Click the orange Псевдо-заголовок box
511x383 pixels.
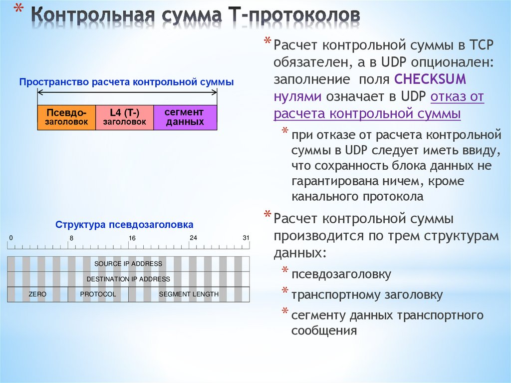[66, 117]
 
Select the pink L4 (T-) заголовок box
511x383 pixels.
[124, 117]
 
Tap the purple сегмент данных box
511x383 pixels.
[185, 117]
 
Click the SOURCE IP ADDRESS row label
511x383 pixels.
[128, 264]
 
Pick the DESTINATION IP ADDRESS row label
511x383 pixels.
[128, 279]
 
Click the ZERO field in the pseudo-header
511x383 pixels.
[37, 295]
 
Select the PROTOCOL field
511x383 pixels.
[98, 295]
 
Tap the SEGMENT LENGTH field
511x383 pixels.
[189, 295]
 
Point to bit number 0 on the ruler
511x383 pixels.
[11, 238]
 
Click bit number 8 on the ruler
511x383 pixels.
[71, 238]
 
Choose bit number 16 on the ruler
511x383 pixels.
[132, 238]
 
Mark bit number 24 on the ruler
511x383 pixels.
[193, 238]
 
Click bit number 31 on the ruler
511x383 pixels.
[246, 238]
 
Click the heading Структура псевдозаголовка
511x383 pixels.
[124, 225]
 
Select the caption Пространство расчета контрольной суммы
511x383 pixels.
[126, 82]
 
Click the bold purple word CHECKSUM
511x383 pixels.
[430, 79]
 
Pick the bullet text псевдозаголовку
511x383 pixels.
[341, 274]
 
